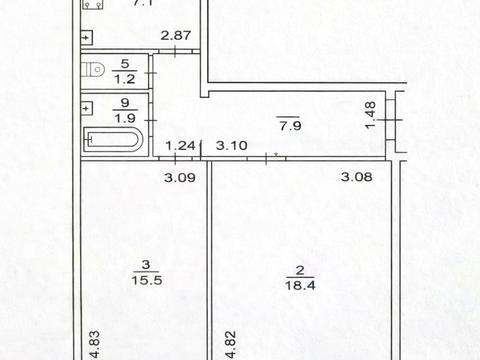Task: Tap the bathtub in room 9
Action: [113, 139]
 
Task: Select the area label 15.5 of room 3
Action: [147, 280]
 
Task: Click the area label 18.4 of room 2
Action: [300, 285]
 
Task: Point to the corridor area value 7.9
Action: [290, 126]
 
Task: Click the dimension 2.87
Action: [176, 35]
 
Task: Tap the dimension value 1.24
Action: [180, 146]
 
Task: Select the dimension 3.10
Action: [232, 146]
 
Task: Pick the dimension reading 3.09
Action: [180, 177]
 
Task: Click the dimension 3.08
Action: [357, 176]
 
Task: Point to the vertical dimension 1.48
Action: [371, 115]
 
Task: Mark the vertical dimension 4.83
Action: [94, 345]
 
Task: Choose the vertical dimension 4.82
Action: [231, 345]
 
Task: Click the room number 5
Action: [125, 64]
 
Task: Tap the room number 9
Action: [125, 103]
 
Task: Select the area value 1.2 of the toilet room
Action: [125, 79]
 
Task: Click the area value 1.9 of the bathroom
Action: [125, 118]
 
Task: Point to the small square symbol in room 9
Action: [87, 108]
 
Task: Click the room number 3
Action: [146, 265]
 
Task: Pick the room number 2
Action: [300, 270]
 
